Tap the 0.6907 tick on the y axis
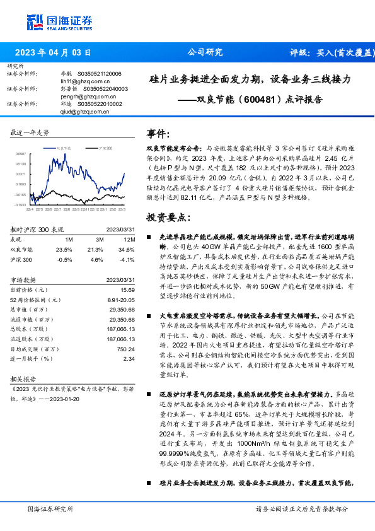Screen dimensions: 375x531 tap(21, 153)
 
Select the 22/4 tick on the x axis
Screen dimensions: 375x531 tap(29, 209)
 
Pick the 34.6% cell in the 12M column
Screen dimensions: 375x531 tap(127, 249)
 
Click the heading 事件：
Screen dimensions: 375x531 tap(159, 134)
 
